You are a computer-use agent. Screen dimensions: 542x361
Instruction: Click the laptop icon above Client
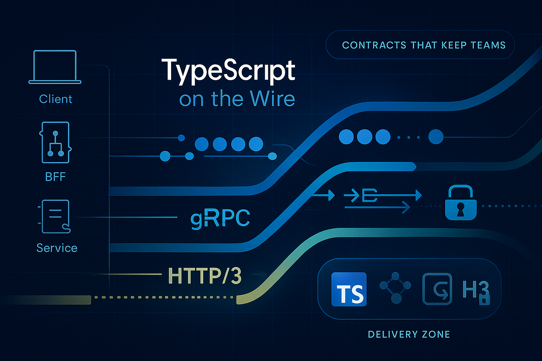55,67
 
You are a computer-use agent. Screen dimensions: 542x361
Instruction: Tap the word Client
56,99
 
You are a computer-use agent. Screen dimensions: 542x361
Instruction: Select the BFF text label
55,177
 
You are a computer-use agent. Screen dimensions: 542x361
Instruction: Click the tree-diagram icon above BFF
55,142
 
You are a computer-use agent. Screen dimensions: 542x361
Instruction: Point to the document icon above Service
56,216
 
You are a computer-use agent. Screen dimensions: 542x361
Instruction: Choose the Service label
57,248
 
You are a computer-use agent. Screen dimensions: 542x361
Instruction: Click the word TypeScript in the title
228,71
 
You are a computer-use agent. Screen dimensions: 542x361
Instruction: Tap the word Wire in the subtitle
273,99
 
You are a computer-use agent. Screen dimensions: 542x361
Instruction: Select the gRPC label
220,218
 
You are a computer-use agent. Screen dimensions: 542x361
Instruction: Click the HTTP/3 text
205,276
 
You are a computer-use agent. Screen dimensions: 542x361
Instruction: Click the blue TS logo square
349,289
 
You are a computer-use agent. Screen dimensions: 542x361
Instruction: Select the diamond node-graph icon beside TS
395,287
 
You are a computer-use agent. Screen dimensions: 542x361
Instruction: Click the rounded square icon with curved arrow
437,289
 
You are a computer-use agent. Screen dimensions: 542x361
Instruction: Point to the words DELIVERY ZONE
409,334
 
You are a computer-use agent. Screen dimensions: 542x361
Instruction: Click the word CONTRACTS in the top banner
374,45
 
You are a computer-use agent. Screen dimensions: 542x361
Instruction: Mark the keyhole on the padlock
460,209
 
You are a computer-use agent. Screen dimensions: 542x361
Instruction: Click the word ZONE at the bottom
436,334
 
